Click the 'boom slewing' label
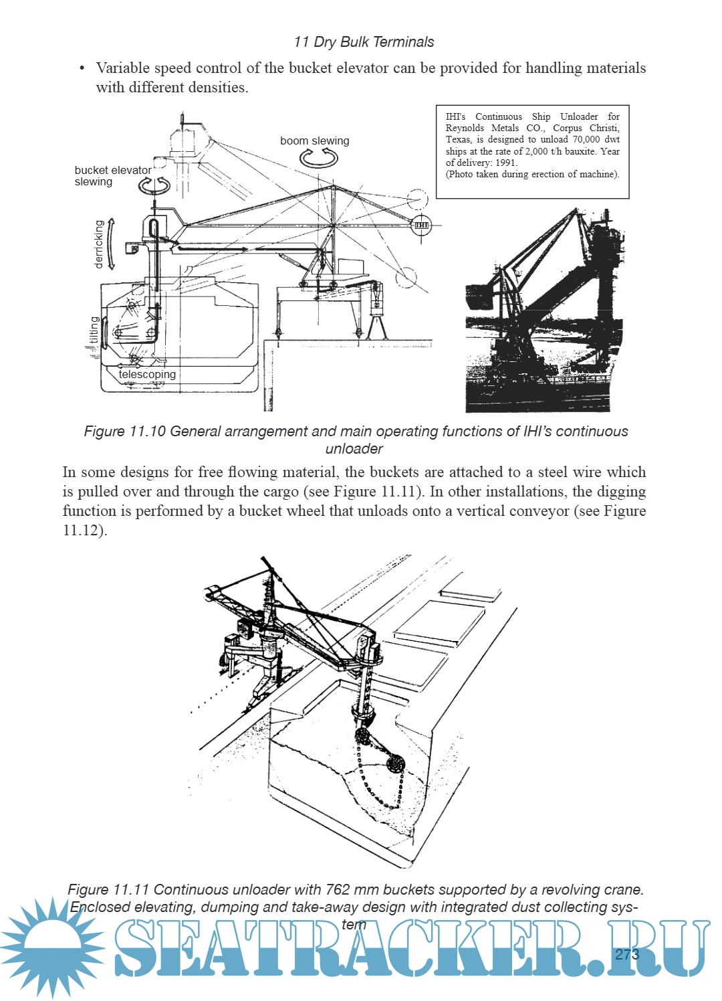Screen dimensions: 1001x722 [314, 141]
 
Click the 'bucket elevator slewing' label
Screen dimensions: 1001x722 [112, 176]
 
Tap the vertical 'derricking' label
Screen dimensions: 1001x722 [99, 244]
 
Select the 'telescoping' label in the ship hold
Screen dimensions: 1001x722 [147, 375]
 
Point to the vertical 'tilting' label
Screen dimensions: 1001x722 [94, 330]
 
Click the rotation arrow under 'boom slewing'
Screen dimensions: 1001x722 [316, 158]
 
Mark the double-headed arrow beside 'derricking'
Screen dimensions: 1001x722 [111, 244]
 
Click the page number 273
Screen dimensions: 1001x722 [627, 954]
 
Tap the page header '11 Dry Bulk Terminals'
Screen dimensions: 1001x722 [364, 42]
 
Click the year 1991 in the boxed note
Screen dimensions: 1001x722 [505, 163]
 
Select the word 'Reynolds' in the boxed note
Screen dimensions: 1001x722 [465, 128]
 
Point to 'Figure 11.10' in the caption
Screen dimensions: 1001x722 [125, 432]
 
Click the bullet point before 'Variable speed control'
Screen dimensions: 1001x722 [82, 68]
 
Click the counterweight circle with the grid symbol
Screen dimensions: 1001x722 [421, 225]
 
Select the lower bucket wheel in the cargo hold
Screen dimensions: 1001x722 [396, 763]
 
